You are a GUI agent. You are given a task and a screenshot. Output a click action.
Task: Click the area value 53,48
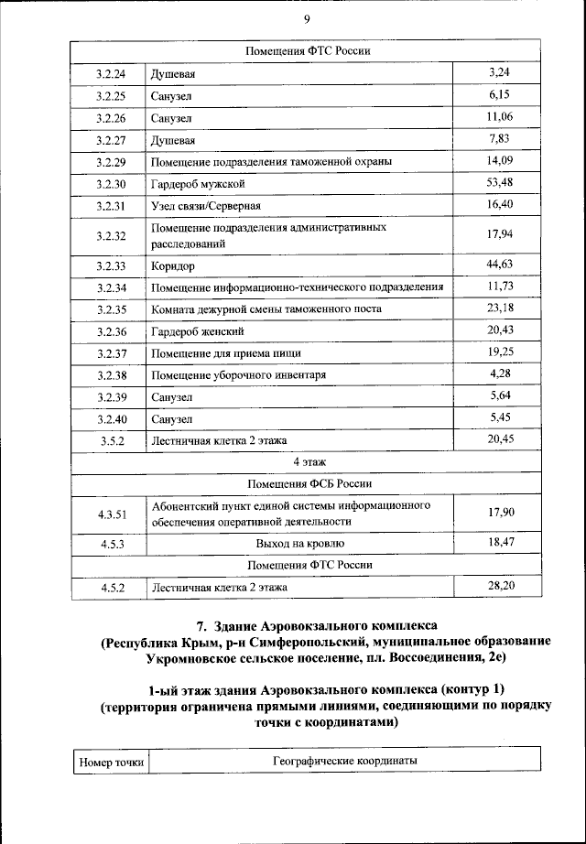point(500,183)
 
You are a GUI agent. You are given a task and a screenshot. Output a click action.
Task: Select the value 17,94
point(500,234)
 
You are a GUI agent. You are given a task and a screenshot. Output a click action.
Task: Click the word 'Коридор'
point(173,265)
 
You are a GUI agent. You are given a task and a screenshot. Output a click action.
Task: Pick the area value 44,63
point(500,264)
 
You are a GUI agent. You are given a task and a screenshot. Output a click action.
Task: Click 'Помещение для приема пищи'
point(226,353)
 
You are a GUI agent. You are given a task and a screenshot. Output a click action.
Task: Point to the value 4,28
point(500,373)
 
